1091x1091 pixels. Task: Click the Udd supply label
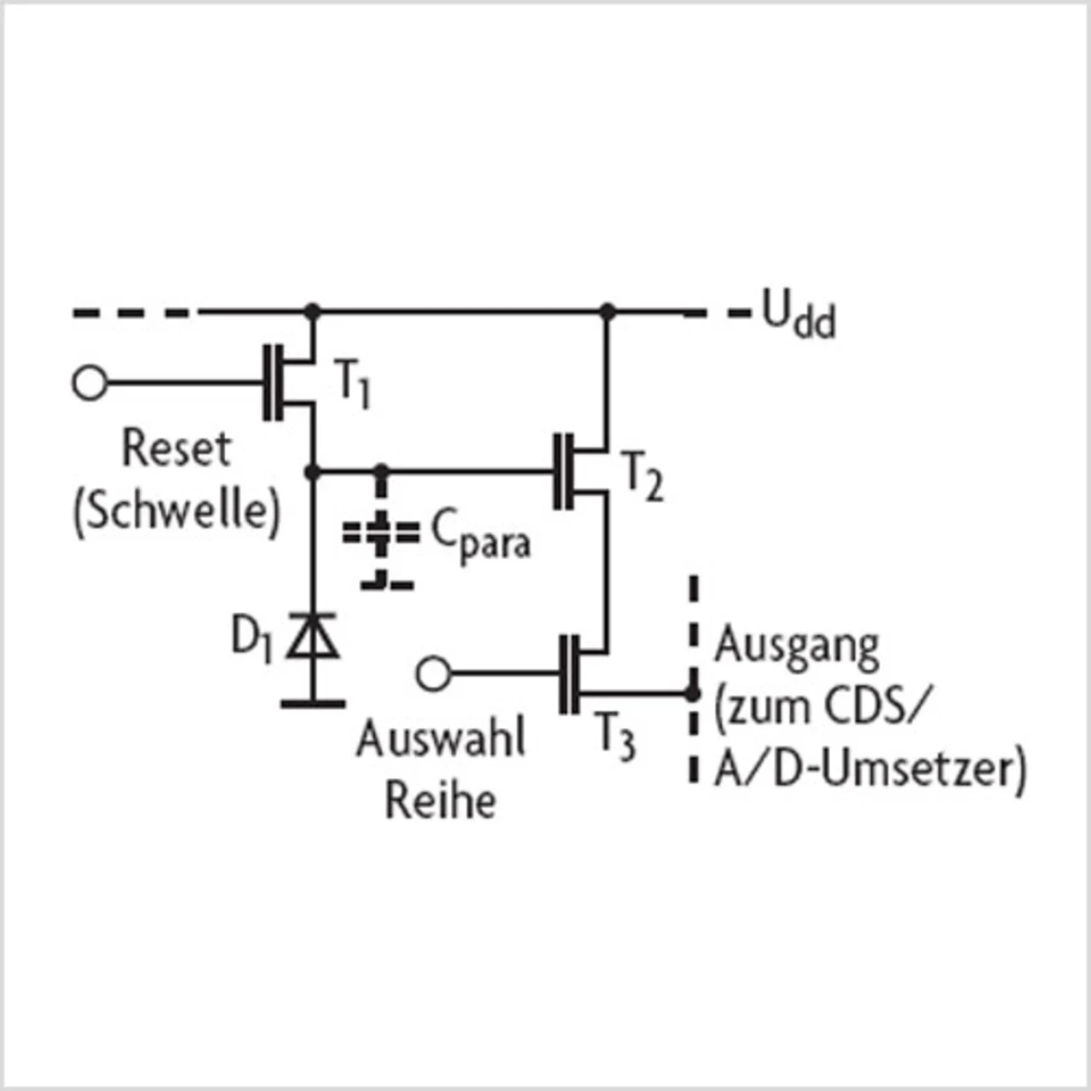point(799,317)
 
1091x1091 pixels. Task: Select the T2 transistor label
point(644,476)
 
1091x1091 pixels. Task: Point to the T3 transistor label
point(615,735)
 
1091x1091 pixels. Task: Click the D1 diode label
point(251,638)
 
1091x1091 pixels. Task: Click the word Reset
point(176,448)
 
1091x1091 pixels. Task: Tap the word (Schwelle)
point(177,511)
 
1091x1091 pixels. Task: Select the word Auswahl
point(441,738)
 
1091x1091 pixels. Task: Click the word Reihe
point(441,800)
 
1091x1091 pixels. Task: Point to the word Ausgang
point(797,648)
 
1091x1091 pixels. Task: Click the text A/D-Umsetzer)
point(870,771)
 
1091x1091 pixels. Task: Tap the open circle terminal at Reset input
point(89,384)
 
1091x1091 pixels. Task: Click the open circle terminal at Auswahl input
point(433,673)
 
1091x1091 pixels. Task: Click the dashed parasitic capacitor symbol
point(381,534)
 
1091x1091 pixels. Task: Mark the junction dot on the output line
point(693,694)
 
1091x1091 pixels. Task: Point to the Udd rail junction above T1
point(313,311)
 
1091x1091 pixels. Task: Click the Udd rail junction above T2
point(607,311)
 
